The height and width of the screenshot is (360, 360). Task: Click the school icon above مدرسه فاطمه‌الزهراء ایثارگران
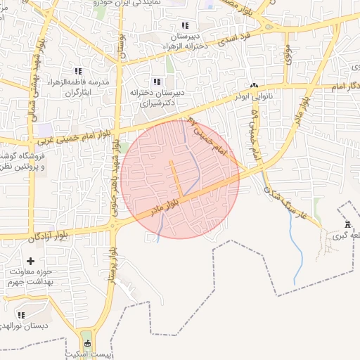pyautogui.click(x=78, y=71)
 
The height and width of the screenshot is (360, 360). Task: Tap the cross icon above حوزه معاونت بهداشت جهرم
pyautogui.click(x=30, y=262)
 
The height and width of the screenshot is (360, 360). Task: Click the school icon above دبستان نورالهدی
pyautogui.click(x=20, y=315)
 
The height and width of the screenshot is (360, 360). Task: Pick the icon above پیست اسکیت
pyautogui.click(x=87, y=343)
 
